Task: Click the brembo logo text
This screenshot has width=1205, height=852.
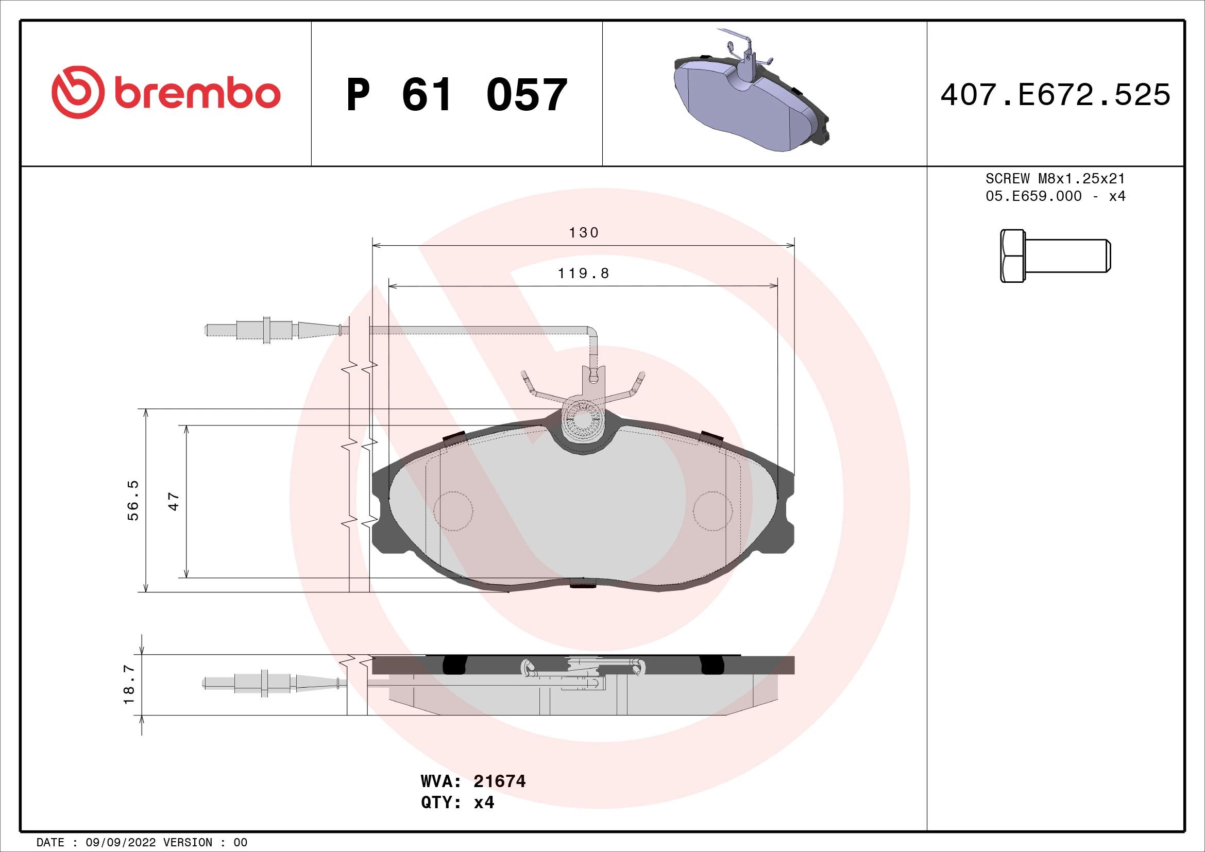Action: click(x=197, y=94)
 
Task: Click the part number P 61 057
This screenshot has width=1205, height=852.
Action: click(x=456, y=95)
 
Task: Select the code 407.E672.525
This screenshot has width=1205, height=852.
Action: click(x=1055, y=95)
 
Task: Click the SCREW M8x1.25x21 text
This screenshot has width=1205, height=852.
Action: click(x=1055, y=178)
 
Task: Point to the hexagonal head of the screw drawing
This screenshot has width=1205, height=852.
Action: click(x=1012, y=256)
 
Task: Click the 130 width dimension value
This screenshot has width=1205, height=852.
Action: click(x=584, y=232)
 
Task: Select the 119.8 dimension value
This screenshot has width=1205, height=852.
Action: click(x=583, y=274)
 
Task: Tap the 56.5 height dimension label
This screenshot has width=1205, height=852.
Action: click(x=133, y=500)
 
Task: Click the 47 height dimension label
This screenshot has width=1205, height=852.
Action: click(x=174, y=502)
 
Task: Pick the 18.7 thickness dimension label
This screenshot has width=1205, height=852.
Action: click(x=129, y=685)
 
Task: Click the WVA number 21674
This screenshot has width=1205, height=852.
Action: click(x=499, y=781)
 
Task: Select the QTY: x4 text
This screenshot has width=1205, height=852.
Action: click(x=457, y=803)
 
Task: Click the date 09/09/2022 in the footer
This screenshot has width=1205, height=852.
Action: click(x=120, y=842)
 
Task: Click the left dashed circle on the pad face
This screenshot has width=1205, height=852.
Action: click(x=453, y=511)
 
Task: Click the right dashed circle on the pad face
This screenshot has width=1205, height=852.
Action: click(x=712, y=511)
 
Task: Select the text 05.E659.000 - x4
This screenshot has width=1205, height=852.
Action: click(x=1055, y=196)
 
